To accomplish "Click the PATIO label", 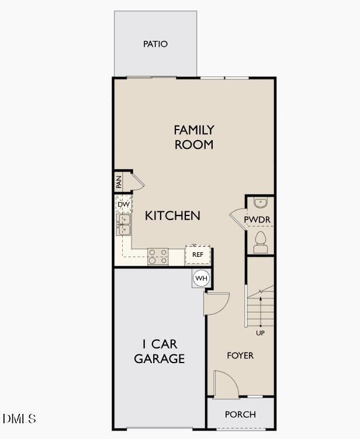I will (x=155, y=44).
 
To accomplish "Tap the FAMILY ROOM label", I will (x=193, y=137).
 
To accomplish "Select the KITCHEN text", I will (x=172, y=215).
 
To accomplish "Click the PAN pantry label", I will (x=119, y=182).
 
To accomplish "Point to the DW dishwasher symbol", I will (x=123, y=204).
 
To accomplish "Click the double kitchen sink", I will (x=123, y=224).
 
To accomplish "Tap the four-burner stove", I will (x=158, y=256).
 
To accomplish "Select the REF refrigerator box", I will (x=198, y=255).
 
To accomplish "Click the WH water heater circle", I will (x=201, y=278).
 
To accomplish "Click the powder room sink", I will (x=260, y=203).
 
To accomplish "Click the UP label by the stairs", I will (x=260, y=333).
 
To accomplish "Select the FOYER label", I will (x=240, y=355).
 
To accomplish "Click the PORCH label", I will (x=240, y=414).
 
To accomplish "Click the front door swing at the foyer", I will (x=226, y=384).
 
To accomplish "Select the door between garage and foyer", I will (x=216, y=304).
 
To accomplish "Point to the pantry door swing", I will (x=136, y=182).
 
